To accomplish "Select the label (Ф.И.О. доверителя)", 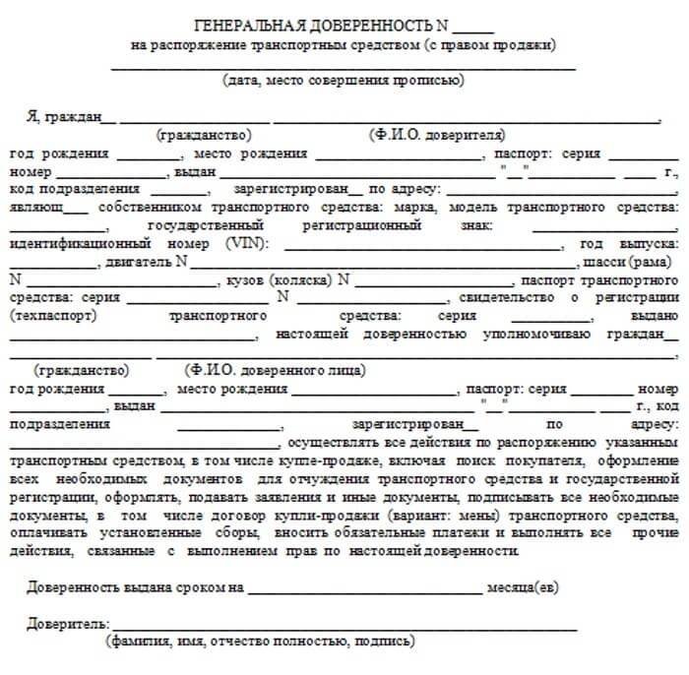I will click(x=437, y=135).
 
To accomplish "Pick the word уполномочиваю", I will click(x=530, y=335).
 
